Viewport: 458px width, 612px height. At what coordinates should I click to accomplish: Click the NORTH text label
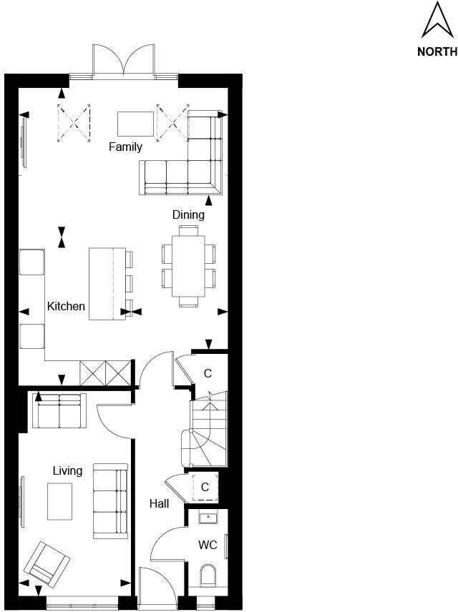437,51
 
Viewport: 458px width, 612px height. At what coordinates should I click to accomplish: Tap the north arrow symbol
437,20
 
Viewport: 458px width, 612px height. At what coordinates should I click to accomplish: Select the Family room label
125,147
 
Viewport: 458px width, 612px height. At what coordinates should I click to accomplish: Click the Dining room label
188,214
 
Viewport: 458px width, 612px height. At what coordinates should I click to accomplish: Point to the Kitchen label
66,306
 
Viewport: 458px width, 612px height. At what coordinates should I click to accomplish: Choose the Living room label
67,470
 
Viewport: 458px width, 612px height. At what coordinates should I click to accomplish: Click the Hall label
159,504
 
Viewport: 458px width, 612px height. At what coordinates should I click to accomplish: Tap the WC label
208,545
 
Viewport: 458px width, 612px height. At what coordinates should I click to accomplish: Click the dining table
188,266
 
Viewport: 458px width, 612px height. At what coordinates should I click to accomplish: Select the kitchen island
102,283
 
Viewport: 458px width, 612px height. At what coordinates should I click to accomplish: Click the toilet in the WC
208,574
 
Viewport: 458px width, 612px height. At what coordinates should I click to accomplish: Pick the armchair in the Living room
47,562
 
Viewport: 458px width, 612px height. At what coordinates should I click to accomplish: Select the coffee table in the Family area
136,123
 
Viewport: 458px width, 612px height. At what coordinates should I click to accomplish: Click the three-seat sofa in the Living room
110,501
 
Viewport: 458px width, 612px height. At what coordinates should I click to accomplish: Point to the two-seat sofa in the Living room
59,411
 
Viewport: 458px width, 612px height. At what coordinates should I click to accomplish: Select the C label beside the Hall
205,488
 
